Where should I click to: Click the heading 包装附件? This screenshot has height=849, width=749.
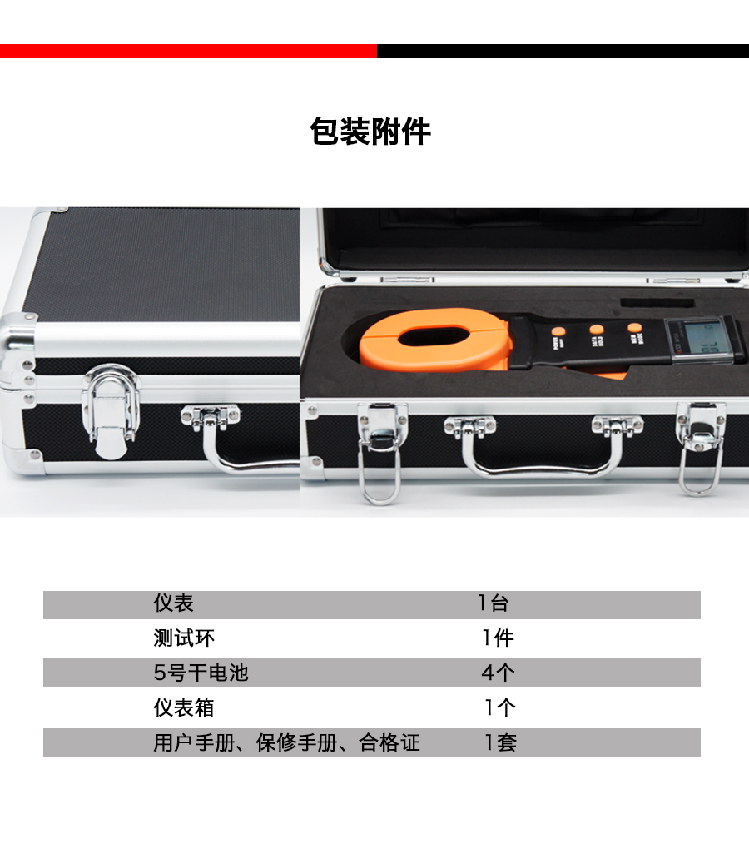point(370,132)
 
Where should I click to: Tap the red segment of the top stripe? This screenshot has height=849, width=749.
point(188,51)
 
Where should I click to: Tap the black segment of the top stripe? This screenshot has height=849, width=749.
point(563,51)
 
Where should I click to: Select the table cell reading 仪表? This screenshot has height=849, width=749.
point(173,603)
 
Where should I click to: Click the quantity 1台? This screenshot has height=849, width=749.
point(493,603)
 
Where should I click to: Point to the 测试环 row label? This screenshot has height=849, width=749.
point(184,638)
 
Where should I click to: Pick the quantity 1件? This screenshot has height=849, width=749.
point(498,638)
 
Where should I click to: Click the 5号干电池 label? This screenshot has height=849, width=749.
point(201,673)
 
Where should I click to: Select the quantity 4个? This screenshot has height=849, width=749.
point(499,673)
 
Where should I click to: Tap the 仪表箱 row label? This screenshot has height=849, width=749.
point(184,707)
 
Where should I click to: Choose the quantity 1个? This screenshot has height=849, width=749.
point(500,707)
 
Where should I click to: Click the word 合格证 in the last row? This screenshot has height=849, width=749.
point(389,742)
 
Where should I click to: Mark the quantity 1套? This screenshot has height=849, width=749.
point(501,742)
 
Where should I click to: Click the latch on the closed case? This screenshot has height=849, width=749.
point(111,410)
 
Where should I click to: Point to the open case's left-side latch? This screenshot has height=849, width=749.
point(381,452)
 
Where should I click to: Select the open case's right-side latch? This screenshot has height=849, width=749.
point(700,447)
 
